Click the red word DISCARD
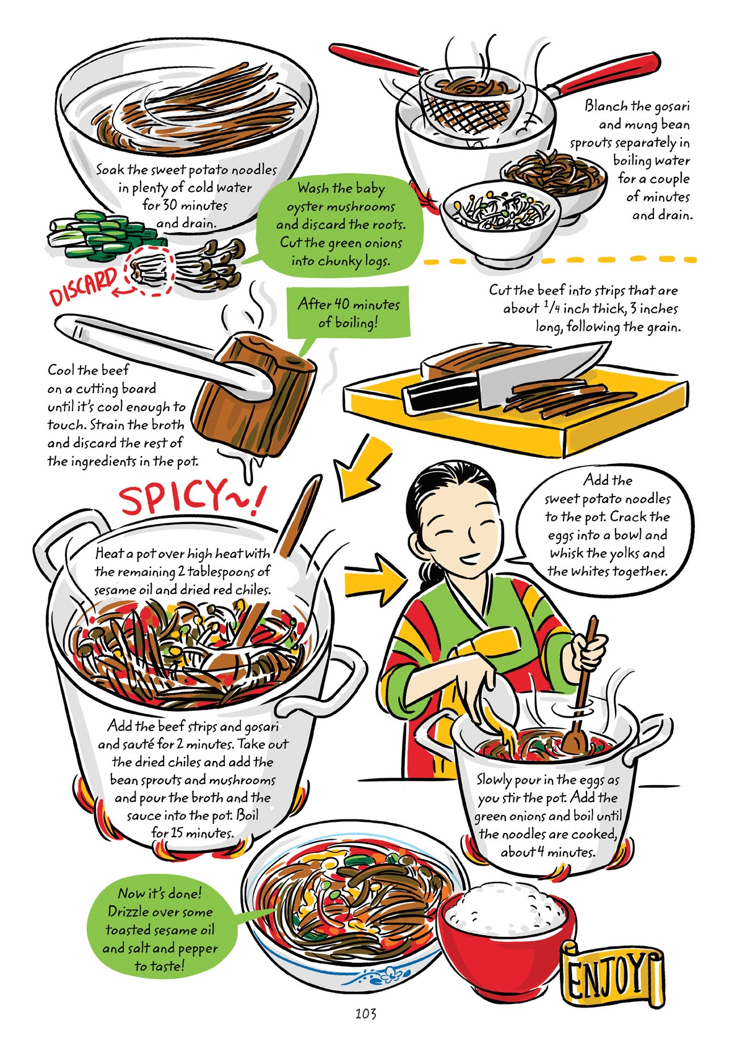pyautogui.click(x=83, y=285)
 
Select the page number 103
pyautogui.click(x=365, y=1013)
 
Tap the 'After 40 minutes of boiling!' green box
pyautogui.click(x=349, y=313)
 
